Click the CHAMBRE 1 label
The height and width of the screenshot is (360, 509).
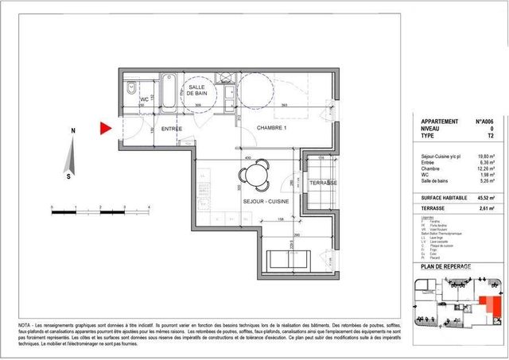(270, 128)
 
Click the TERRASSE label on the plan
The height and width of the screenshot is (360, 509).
(322, 183)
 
